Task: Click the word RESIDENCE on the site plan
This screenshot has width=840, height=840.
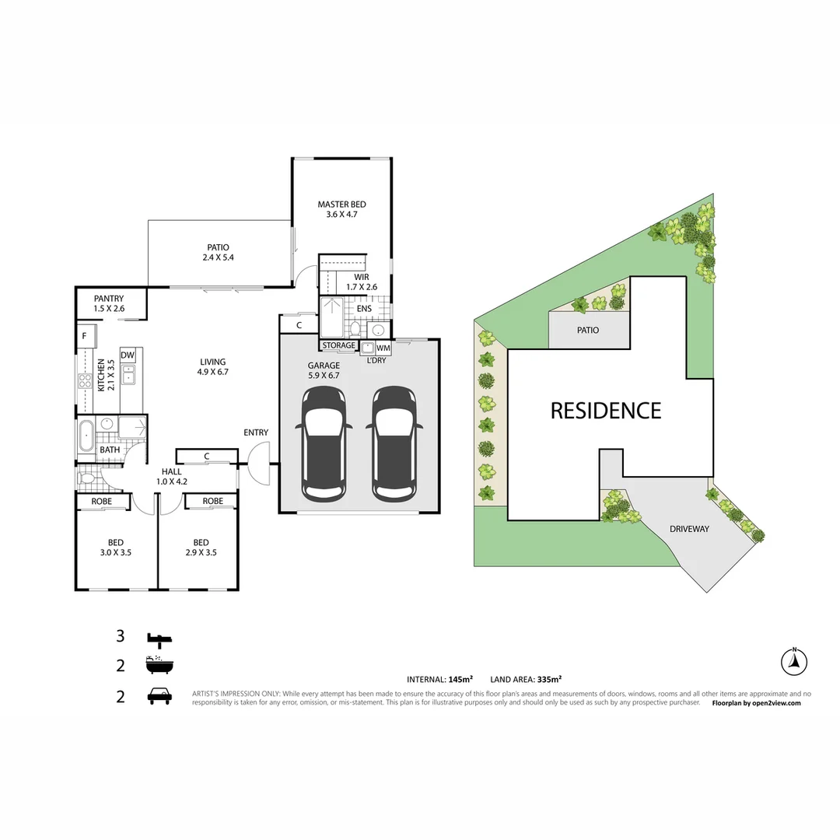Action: [x=606, y=411]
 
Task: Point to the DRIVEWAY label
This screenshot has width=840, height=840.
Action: [x=689, y=529]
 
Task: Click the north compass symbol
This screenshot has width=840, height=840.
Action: [x=794, y=663]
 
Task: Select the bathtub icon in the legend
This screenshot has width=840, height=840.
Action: [x=159, y=666]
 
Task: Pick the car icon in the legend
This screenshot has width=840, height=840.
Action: [x=159, y=696]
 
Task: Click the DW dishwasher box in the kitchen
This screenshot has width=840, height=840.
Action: [x=128, y=355]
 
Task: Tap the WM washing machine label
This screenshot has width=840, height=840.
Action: [x=383, y=348]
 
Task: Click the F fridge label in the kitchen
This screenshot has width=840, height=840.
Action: [x=82, y=337]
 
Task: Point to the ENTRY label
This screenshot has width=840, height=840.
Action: [x=256, y=432]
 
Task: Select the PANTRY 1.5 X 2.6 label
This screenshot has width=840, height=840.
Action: [x=109, y=303]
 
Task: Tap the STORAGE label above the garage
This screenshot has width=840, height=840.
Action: [x=339, y=345]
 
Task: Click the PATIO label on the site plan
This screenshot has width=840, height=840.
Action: [x=588, y=330]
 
